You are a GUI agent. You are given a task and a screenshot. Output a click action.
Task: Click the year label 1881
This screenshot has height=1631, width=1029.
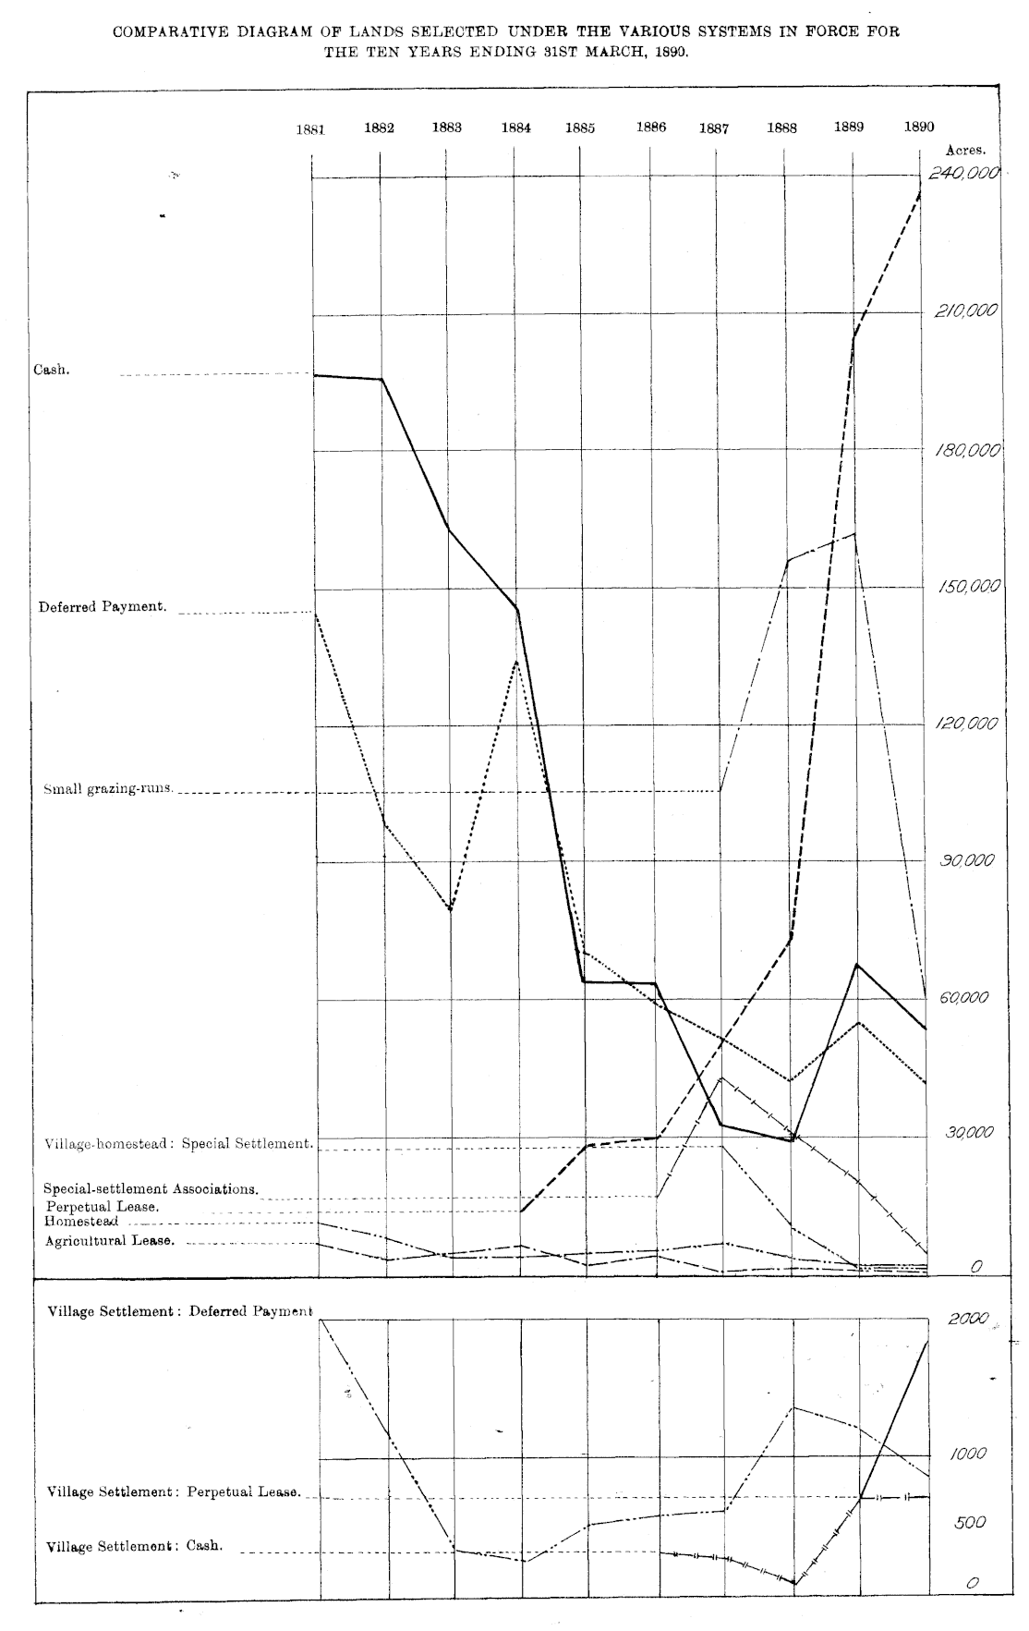point(310,129)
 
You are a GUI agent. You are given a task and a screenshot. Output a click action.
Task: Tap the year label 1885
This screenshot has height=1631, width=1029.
point(580,128)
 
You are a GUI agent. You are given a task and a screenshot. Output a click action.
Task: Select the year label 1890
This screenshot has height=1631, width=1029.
point(919,128)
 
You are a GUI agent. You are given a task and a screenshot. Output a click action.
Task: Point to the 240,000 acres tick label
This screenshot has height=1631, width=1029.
point(964,174)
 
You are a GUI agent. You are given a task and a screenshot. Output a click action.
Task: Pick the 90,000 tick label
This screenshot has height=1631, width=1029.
point(967,860)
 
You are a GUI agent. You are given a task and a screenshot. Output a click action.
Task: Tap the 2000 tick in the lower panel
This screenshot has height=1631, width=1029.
point(968,1319)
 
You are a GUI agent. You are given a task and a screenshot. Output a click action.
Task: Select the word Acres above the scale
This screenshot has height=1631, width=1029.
point(966,149)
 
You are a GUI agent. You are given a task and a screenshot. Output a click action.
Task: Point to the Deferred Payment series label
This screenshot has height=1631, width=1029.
point(103,608)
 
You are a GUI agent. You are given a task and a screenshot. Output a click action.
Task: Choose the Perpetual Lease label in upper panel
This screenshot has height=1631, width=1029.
point(103,1207)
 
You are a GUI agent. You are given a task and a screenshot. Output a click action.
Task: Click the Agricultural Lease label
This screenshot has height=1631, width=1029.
point(110,1241)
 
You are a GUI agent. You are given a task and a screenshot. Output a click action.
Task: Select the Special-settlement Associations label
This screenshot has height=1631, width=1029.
point(151,1189)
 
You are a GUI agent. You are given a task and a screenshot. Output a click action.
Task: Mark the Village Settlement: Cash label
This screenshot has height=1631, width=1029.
point(135,1546)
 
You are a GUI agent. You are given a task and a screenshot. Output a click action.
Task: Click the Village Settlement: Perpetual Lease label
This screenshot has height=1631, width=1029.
point(174,1492)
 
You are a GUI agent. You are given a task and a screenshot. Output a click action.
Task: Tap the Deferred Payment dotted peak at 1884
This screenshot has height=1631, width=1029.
point(516,662)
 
